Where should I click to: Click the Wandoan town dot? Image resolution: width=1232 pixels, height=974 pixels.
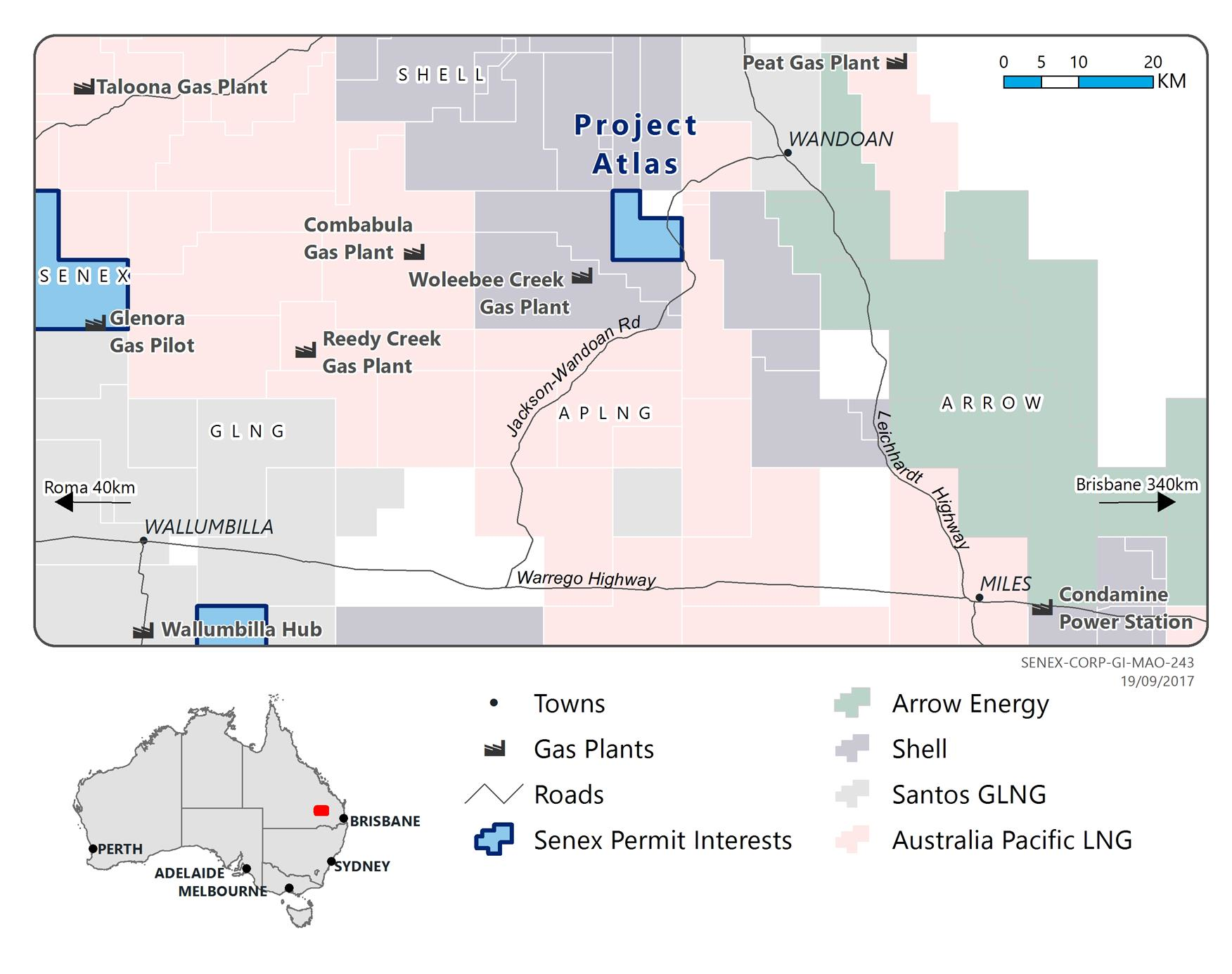pyautogui.click(x=788, y=153)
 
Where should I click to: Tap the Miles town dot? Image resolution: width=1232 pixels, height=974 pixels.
pyautogui.click(x=979, y=598)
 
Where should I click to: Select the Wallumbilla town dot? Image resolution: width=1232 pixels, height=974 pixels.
pyautogui.click(x=143, y=540)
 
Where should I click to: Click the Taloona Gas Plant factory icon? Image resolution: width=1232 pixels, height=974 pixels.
pyautogui.click(x=84, y=87)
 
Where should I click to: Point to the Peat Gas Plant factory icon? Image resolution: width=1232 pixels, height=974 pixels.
pyautogui.click(x=897, y=62)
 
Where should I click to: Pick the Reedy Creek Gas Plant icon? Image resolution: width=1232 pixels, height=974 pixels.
pyautogui.click(x=305, y=350)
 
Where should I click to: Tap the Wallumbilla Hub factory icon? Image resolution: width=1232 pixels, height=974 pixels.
pyautogui.click(x=143, y=631)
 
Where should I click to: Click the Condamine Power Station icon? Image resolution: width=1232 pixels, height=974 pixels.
pyautogui.click(x=1042, y=608)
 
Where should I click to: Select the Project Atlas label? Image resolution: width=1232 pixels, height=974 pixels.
pyautogui.click(x=636, y=144)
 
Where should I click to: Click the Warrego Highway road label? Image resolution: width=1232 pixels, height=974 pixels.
pyautogui.click(x=586, y=579)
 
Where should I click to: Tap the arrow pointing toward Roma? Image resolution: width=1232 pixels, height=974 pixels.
pyautogui.click(x=65, y=502)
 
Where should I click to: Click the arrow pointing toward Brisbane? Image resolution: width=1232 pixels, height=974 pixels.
pyautogui.click(x=1166, y=502)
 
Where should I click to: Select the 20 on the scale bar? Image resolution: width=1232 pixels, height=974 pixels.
pyautogui.click(x=1153, y=62)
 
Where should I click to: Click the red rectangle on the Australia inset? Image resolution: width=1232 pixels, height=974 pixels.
pyautogui.click(x=321, y=810)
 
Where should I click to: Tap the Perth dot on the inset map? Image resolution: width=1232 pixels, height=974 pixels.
pyautogui.click(x=93, y=849)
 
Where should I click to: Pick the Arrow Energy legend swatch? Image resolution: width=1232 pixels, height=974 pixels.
pyautogui.click(x=852, y=703)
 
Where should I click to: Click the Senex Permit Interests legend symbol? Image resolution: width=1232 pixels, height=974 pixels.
pyautogui.click(x=494, y=839)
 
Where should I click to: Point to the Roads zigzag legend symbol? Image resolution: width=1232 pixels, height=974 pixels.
pyautogui.click(x=494, y=794)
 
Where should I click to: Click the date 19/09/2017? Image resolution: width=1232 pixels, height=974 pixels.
pyautogui.click(x=1157, y=681)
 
